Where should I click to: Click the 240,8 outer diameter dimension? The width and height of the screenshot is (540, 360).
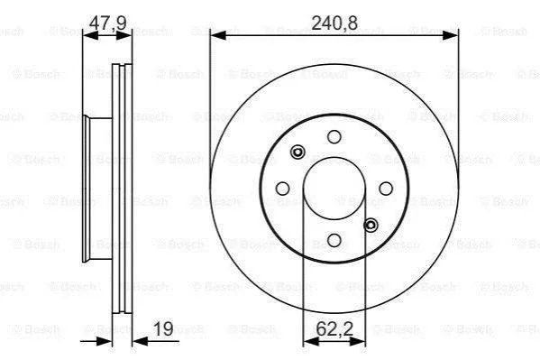tap(334, 23)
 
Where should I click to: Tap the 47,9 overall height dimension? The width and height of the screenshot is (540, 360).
tap(108, 23)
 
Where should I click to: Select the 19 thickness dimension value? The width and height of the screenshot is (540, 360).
tap(163, 328)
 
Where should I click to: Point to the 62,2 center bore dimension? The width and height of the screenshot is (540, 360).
tap(334, 328)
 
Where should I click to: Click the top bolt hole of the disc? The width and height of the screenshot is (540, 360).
tap(334, 137)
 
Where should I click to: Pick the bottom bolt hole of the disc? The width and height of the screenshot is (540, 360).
tap(334, 240)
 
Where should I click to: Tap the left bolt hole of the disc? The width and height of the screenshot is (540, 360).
tap(283, 189)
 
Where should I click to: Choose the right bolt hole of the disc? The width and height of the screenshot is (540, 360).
tap(386, 189)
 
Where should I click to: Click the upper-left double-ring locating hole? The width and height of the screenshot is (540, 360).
tap(297, 152)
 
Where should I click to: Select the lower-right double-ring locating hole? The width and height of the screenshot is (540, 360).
tap(371, 226)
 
